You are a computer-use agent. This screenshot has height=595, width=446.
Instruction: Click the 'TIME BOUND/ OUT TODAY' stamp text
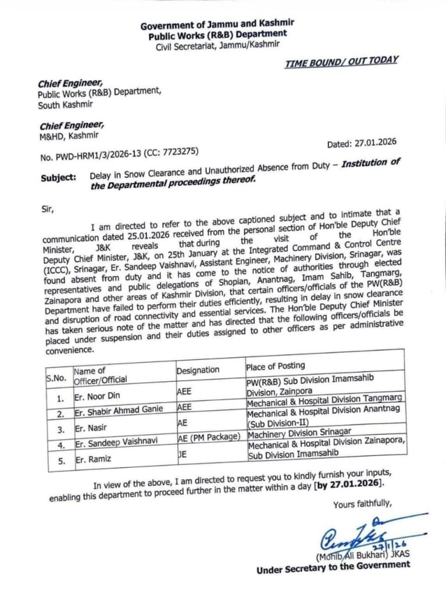(x=341, y=62)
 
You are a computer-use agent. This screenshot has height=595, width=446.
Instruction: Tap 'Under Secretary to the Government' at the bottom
(x=333, y=568)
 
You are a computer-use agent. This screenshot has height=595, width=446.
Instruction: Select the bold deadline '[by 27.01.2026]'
(x=349, y=484)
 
